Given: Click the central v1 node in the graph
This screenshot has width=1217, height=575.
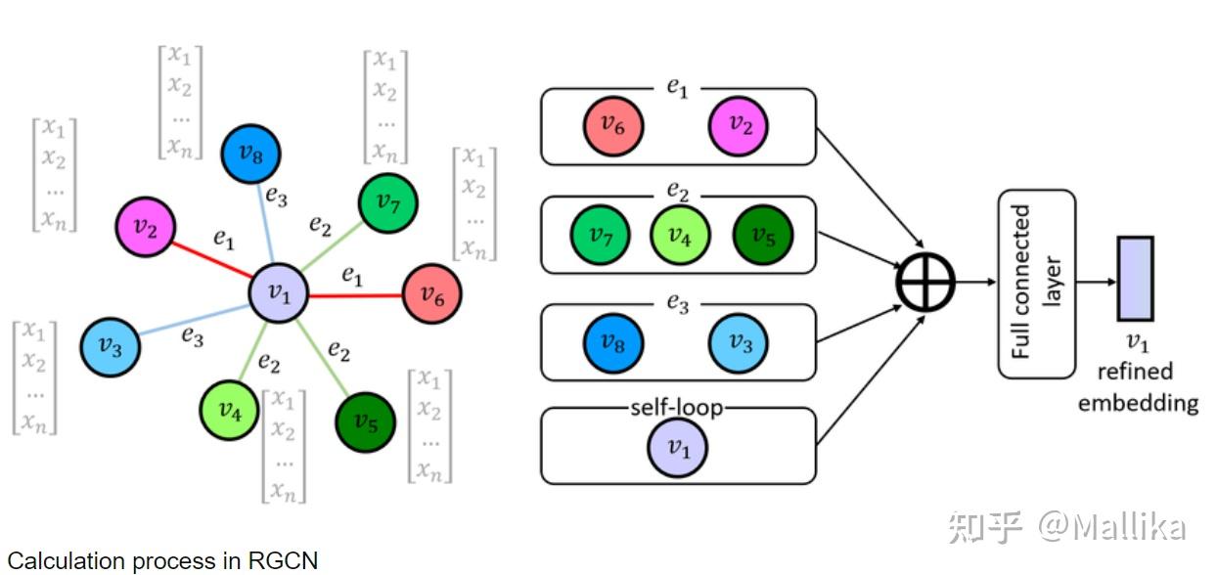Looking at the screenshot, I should pos(279,292).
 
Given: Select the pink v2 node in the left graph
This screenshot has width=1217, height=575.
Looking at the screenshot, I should pos(145,227).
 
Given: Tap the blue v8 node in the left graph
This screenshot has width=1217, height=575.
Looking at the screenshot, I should pos(250,155).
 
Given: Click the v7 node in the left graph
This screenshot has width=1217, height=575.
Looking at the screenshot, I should pos(388,203).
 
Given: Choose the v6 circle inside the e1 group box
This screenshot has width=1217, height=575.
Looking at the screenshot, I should pos(613,125).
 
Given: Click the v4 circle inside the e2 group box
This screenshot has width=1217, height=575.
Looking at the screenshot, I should pos(680,236).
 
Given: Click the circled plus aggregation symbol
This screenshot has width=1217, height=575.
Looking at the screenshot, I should pos(925,281).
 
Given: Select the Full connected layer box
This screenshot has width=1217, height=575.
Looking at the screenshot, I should pos(1036,283).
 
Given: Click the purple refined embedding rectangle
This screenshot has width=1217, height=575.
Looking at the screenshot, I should pos(1136,279).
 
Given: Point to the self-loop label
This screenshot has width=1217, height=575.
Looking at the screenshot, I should pos(677,406).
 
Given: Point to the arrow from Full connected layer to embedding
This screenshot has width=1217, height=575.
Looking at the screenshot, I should pos(1096,281).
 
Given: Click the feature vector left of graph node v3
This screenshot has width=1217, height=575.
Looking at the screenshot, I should pos(35,376).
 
